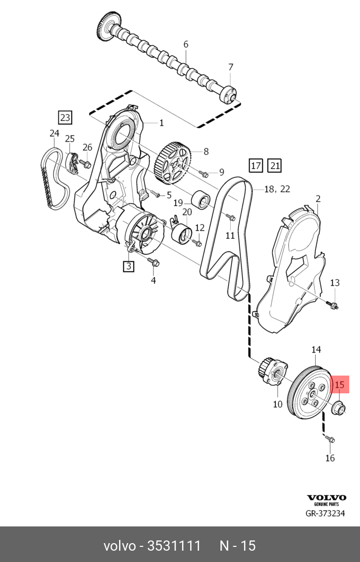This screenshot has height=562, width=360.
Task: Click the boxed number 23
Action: (65, 117)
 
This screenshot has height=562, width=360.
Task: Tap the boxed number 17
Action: (255, 166)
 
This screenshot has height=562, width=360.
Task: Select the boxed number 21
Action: (274, 166)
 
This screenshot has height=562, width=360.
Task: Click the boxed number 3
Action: (128, 266)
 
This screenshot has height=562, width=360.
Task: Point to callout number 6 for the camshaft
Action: (186, 44)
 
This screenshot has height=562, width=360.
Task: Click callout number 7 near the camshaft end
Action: (231, 67)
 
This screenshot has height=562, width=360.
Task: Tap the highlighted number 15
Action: (340, 385)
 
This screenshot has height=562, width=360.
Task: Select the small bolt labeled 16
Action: (330, 440)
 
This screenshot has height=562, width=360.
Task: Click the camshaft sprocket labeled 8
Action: (172, 161)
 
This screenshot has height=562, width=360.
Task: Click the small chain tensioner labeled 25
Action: (70, 159)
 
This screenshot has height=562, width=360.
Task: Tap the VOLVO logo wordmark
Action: (327, 497)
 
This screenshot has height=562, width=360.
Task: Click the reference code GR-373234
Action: (326, 513)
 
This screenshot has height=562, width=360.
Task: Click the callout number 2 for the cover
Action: (318, 199)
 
